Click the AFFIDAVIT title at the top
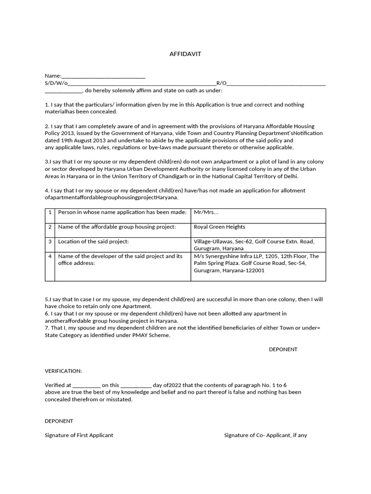(185, 54)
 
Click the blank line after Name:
(103, 76)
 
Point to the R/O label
(221, 83)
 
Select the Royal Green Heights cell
(219, 227)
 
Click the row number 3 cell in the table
(50, 241)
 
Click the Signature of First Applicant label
(79, 435)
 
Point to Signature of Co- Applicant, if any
(265, 435)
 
